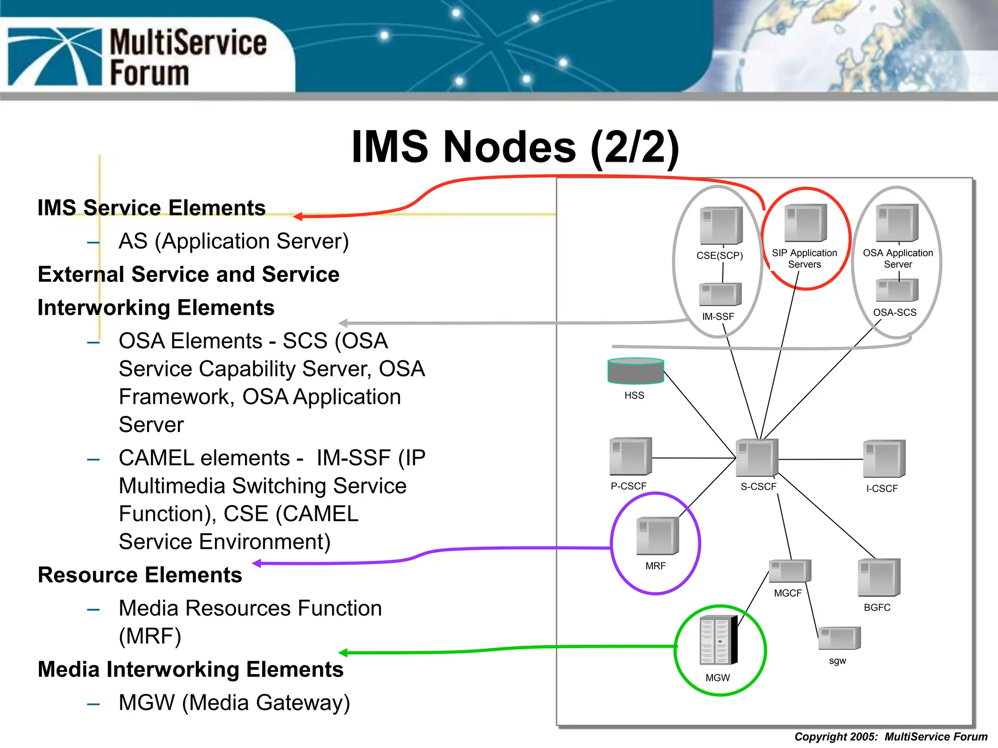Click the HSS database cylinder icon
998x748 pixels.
click(x=635, y=372)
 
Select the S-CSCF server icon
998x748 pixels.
click(x=757, y=458)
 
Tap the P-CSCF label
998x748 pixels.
click(x=628, y=486)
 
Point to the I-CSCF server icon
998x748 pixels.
click(x=884, y=459)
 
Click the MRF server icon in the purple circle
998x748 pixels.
click(x=657, y=536)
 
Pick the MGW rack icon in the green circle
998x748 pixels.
click(x=718, y=640)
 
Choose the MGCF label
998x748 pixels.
click(x=787, y=593)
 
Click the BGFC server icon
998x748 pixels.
click(x=879, y=578)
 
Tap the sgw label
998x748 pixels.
click(x=837, y=661)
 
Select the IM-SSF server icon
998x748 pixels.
click(x=720, y=294)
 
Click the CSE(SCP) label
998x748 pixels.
click(x=719, y=256)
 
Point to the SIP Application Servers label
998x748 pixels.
click(x=804, y=259)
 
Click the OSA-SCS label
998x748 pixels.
click(x=894, y=313)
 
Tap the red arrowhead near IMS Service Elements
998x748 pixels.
click(x=298, y=216)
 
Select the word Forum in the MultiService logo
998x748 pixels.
click(x=149, y=73)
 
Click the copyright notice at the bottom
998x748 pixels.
click(x=891, y=737)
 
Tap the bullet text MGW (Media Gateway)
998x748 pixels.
click(x=234, y=703)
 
